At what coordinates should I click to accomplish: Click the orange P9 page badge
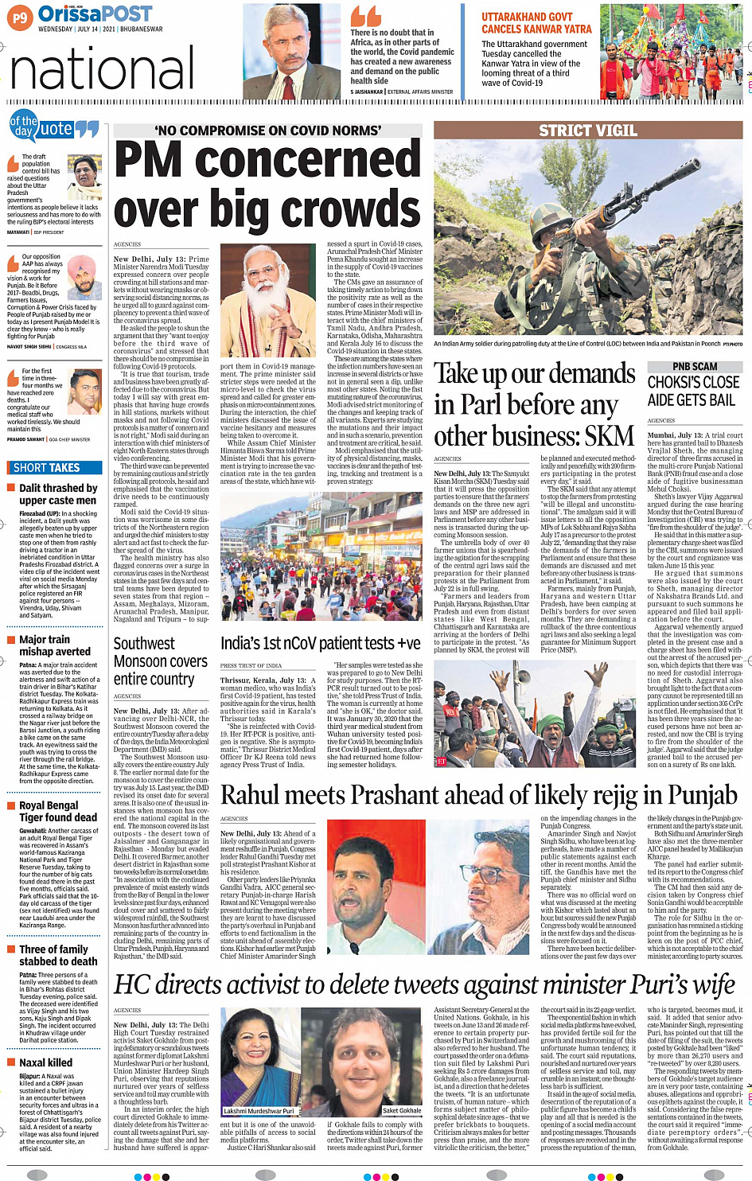click(x=20, y=18)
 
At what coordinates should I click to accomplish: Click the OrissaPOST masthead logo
click(x=95, y=14)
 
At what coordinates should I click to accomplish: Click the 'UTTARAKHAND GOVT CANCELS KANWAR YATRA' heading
click(x=536, y=22)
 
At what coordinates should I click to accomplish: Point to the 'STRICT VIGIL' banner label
click(x=587, y=131)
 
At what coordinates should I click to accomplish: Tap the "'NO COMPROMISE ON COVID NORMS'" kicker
click(x=267, y=131)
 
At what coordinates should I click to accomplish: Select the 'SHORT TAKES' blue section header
click(x=47, y=468)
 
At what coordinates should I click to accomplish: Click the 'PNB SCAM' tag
click(x=695, y=367)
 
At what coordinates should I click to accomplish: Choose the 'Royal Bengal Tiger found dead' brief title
click(x=58, y=811)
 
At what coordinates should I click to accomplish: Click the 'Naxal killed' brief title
click(x=45, y=1062)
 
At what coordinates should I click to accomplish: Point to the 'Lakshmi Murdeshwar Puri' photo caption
click(x=259, y=1111)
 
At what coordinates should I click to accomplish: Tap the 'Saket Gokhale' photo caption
click(x=402, y=1111)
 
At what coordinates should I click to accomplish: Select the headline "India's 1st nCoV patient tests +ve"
click(x=320, y=644)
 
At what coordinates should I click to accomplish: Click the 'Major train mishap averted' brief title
click(x=55, y=645)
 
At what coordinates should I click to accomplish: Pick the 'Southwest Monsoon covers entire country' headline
click(x=160, y=661)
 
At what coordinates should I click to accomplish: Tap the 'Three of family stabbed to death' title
click(x=58, y=955)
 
